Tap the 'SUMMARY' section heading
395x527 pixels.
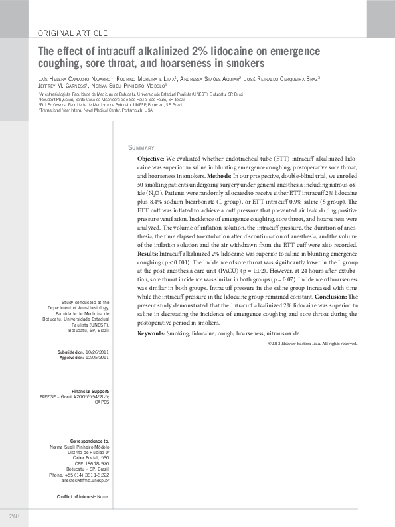coord(141,148)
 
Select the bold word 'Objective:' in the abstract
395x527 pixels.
coord(151,161)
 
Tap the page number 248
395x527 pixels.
coord(15,515)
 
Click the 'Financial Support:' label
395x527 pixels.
coord(90,391)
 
